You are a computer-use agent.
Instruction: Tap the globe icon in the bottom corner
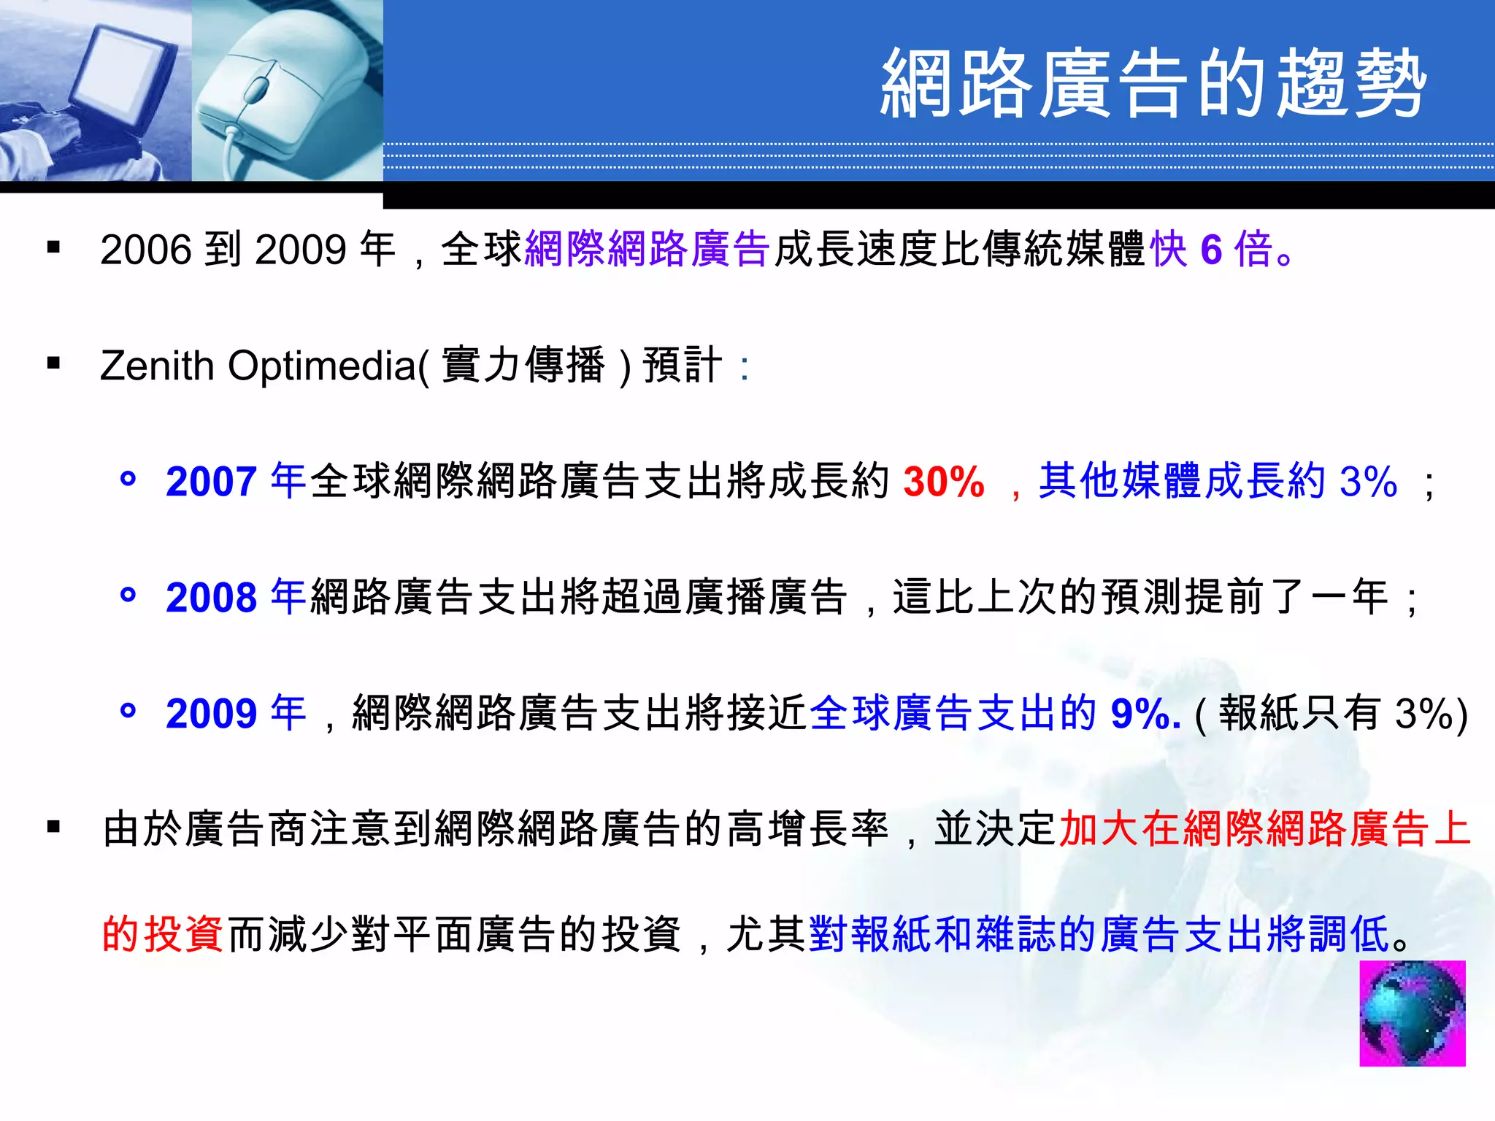1412,1014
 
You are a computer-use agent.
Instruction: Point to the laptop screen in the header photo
124,73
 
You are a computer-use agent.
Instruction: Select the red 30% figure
944,482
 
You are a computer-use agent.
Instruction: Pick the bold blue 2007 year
211,482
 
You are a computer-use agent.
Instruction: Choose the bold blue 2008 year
211,598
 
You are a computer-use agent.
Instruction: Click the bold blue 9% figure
1145,714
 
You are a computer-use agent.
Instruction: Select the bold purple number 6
1212,250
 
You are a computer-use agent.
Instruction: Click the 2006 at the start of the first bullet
146,250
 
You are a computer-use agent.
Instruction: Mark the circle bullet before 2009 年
128,710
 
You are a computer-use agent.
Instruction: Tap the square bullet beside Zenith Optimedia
53,363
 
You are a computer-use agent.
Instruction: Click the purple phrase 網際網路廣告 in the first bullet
647,250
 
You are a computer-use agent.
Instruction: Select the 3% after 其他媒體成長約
1368,482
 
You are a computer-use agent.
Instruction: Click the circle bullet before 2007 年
128,479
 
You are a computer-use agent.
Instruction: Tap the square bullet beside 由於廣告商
53,827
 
